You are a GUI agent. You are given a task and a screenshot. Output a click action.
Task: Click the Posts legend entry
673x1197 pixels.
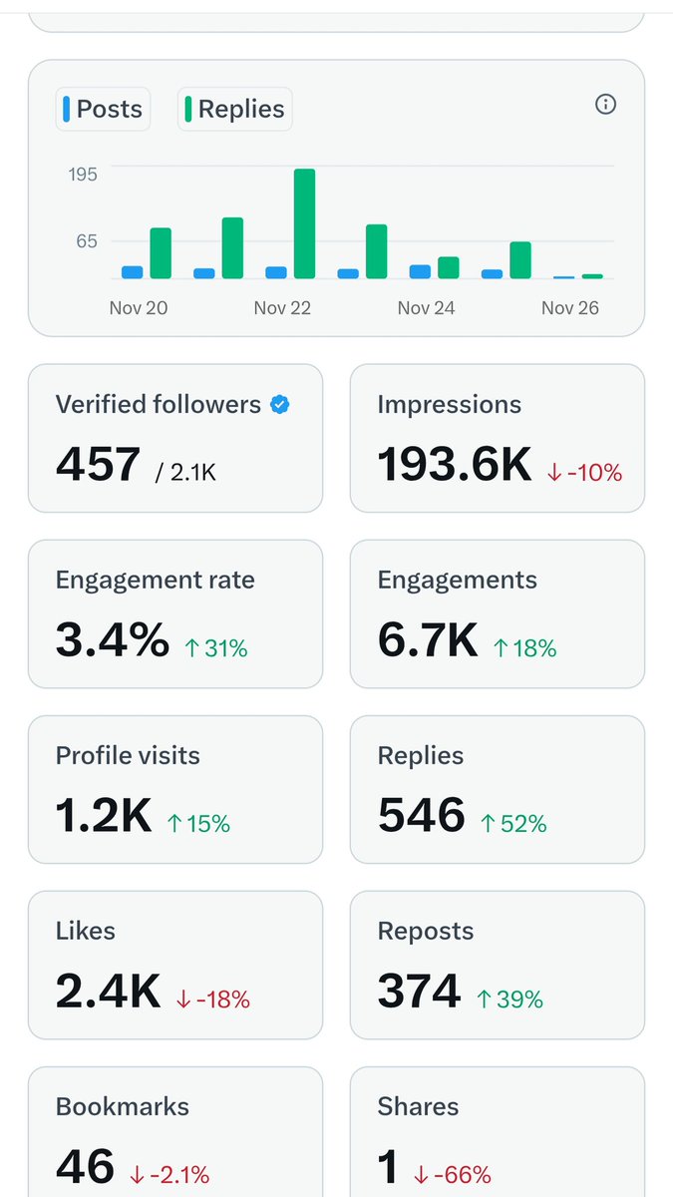[x=103, y=109]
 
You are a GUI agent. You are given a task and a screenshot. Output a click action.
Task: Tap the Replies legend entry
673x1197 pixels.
[x=234, y=109]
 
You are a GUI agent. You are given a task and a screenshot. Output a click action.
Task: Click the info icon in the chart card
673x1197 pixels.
[x=605, y=104]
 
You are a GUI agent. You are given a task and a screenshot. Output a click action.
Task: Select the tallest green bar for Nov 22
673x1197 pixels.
[x=304, y=223]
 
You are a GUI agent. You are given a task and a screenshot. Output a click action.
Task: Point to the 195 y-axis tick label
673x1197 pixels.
[x=82, y=175]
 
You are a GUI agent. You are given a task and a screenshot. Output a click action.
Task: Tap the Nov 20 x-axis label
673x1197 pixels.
[x=138, y=307]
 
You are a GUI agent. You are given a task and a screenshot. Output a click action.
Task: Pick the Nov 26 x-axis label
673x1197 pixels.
[x=569, y=307]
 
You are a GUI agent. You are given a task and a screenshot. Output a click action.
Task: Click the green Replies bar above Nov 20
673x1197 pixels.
[x=161, y=253]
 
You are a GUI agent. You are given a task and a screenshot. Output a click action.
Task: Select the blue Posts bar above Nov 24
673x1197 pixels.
[x=420, y=271]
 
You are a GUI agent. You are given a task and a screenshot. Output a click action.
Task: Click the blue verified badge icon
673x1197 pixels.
[x=280, y=404]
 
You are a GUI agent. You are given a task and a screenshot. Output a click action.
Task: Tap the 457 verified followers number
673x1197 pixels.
[x=98, y=465]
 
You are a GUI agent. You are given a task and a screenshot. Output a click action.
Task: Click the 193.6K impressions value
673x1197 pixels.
[x=455, y=465]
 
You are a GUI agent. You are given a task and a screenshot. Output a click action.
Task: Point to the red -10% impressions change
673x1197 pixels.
[x=585, y=473]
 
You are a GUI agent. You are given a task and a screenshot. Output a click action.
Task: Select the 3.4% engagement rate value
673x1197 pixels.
[x=112, y=640]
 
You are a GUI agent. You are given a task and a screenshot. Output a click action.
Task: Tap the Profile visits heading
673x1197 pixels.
[x=128, y=755]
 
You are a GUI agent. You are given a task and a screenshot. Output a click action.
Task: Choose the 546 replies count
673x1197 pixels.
[x=421, y=816]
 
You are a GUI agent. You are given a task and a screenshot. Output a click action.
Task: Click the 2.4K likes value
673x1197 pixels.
[x=108, y=992]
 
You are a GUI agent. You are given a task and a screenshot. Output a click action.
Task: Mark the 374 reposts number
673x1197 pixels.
[x=419, y=992]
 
